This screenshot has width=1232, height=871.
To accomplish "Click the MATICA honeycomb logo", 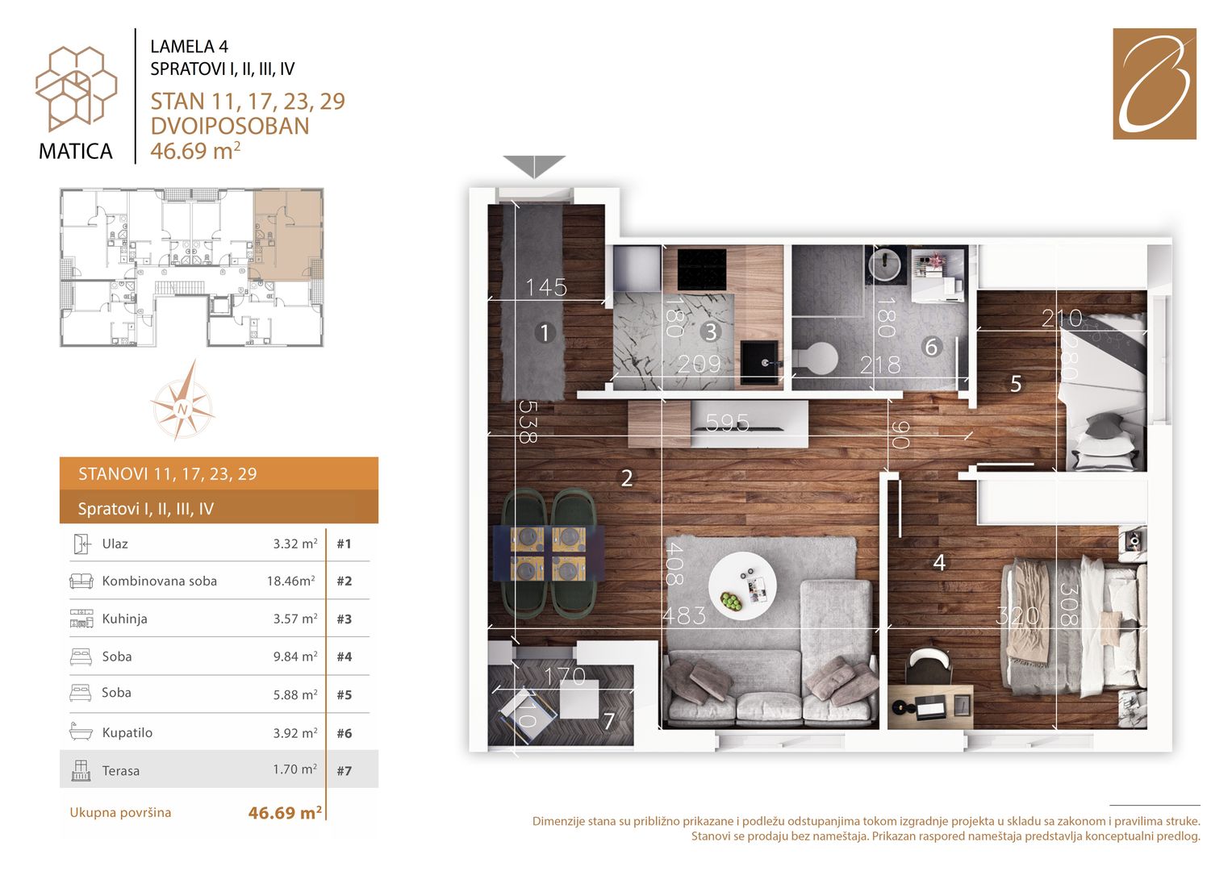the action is pyautogui.click(x=76, y=89).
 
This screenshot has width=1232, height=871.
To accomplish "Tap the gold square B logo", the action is pyautogui.click(x=1155, y=84).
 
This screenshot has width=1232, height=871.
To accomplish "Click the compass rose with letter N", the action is pyautogui.click(x=182, y=400).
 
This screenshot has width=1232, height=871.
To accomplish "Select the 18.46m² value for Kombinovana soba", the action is pyautogui.click(x=291, y=581).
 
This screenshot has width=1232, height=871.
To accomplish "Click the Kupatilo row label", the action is pyautogui.click(x=127, y=732).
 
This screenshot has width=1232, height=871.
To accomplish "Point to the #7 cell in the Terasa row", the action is pyautogui.click(x=345, y=770).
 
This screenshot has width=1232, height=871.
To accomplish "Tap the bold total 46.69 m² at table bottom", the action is pyautogui.click(x=285, y=812).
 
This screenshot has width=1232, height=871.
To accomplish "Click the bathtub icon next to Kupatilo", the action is pyautogui.click(x=81, y=732).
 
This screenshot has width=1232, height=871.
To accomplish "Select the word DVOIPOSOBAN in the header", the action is pyautogui.click(x=230, y=126).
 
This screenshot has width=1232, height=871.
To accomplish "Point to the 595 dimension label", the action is pyautogui.click(x=727, y=423).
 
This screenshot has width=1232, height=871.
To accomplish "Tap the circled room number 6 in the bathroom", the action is pyautogui.click(x=931, y=347).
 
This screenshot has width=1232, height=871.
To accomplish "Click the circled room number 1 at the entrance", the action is pyautogui.click(x=545, y=332).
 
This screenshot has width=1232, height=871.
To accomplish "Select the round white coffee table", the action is pyautogui.click(x=742, y=586).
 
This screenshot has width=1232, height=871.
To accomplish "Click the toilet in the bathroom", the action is pyautogui.click(x=816, y=359).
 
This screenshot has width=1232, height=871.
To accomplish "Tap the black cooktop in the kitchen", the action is pyautogui.click(x=702, y=269).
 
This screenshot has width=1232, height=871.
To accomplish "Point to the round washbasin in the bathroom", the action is pyautogui.click(x=884, y=264).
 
